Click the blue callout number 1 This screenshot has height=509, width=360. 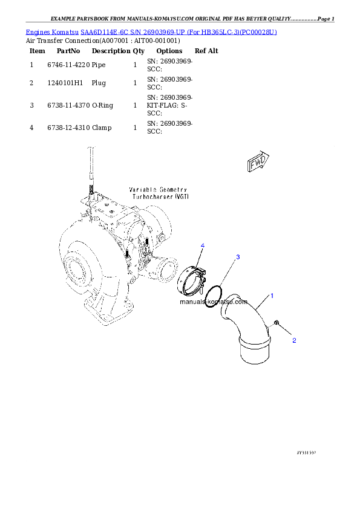click(272, 296)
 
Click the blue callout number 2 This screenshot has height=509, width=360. click(294, 340)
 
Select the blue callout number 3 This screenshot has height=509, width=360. click(238, 258)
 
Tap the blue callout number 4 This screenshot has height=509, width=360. click(203, 245)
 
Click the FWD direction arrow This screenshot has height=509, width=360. click(258, 163)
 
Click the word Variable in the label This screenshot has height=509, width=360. click(140, 189)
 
